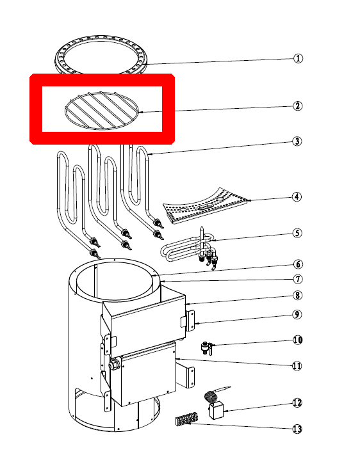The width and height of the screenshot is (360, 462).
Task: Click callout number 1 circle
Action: tap(298, 58)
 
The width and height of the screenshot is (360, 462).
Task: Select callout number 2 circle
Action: tap(297, 106)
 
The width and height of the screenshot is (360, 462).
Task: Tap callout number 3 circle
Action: tap(297, 141)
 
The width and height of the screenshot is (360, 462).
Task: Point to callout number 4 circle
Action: tap(297, 196)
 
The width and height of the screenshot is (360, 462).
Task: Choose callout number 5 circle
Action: tap(297, 233)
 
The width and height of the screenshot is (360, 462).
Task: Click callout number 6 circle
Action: tap(298, 264)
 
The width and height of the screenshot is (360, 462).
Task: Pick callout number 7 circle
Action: tap(298, 279)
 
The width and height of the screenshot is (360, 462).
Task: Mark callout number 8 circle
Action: tap(297, 295)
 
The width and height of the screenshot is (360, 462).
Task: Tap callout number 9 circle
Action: tap(297, 314)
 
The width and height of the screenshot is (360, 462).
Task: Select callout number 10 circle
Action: tap(298, 340)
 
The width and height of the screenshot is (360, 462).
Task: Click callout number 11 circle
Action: tap(297, 365)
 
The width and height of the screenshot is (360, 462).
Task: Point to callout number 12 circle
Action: tap(297, 402)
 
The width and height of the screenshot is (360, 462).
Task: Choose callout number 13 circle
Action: tap(297, 429)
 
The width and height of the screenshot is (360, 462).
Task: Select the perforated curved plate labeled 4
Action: tap(205, 205)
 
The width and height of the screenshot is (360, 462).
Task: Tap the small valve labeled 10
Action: tap(207, 347)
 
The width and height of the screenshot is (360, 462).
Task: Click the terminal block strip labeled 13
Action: tap(187, 419)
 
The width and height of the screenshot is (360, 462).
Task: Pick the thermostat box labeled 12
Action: tap(217, 411)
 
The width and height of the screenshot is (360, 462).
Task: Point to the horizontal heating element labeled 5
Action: tap(189, 248)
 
